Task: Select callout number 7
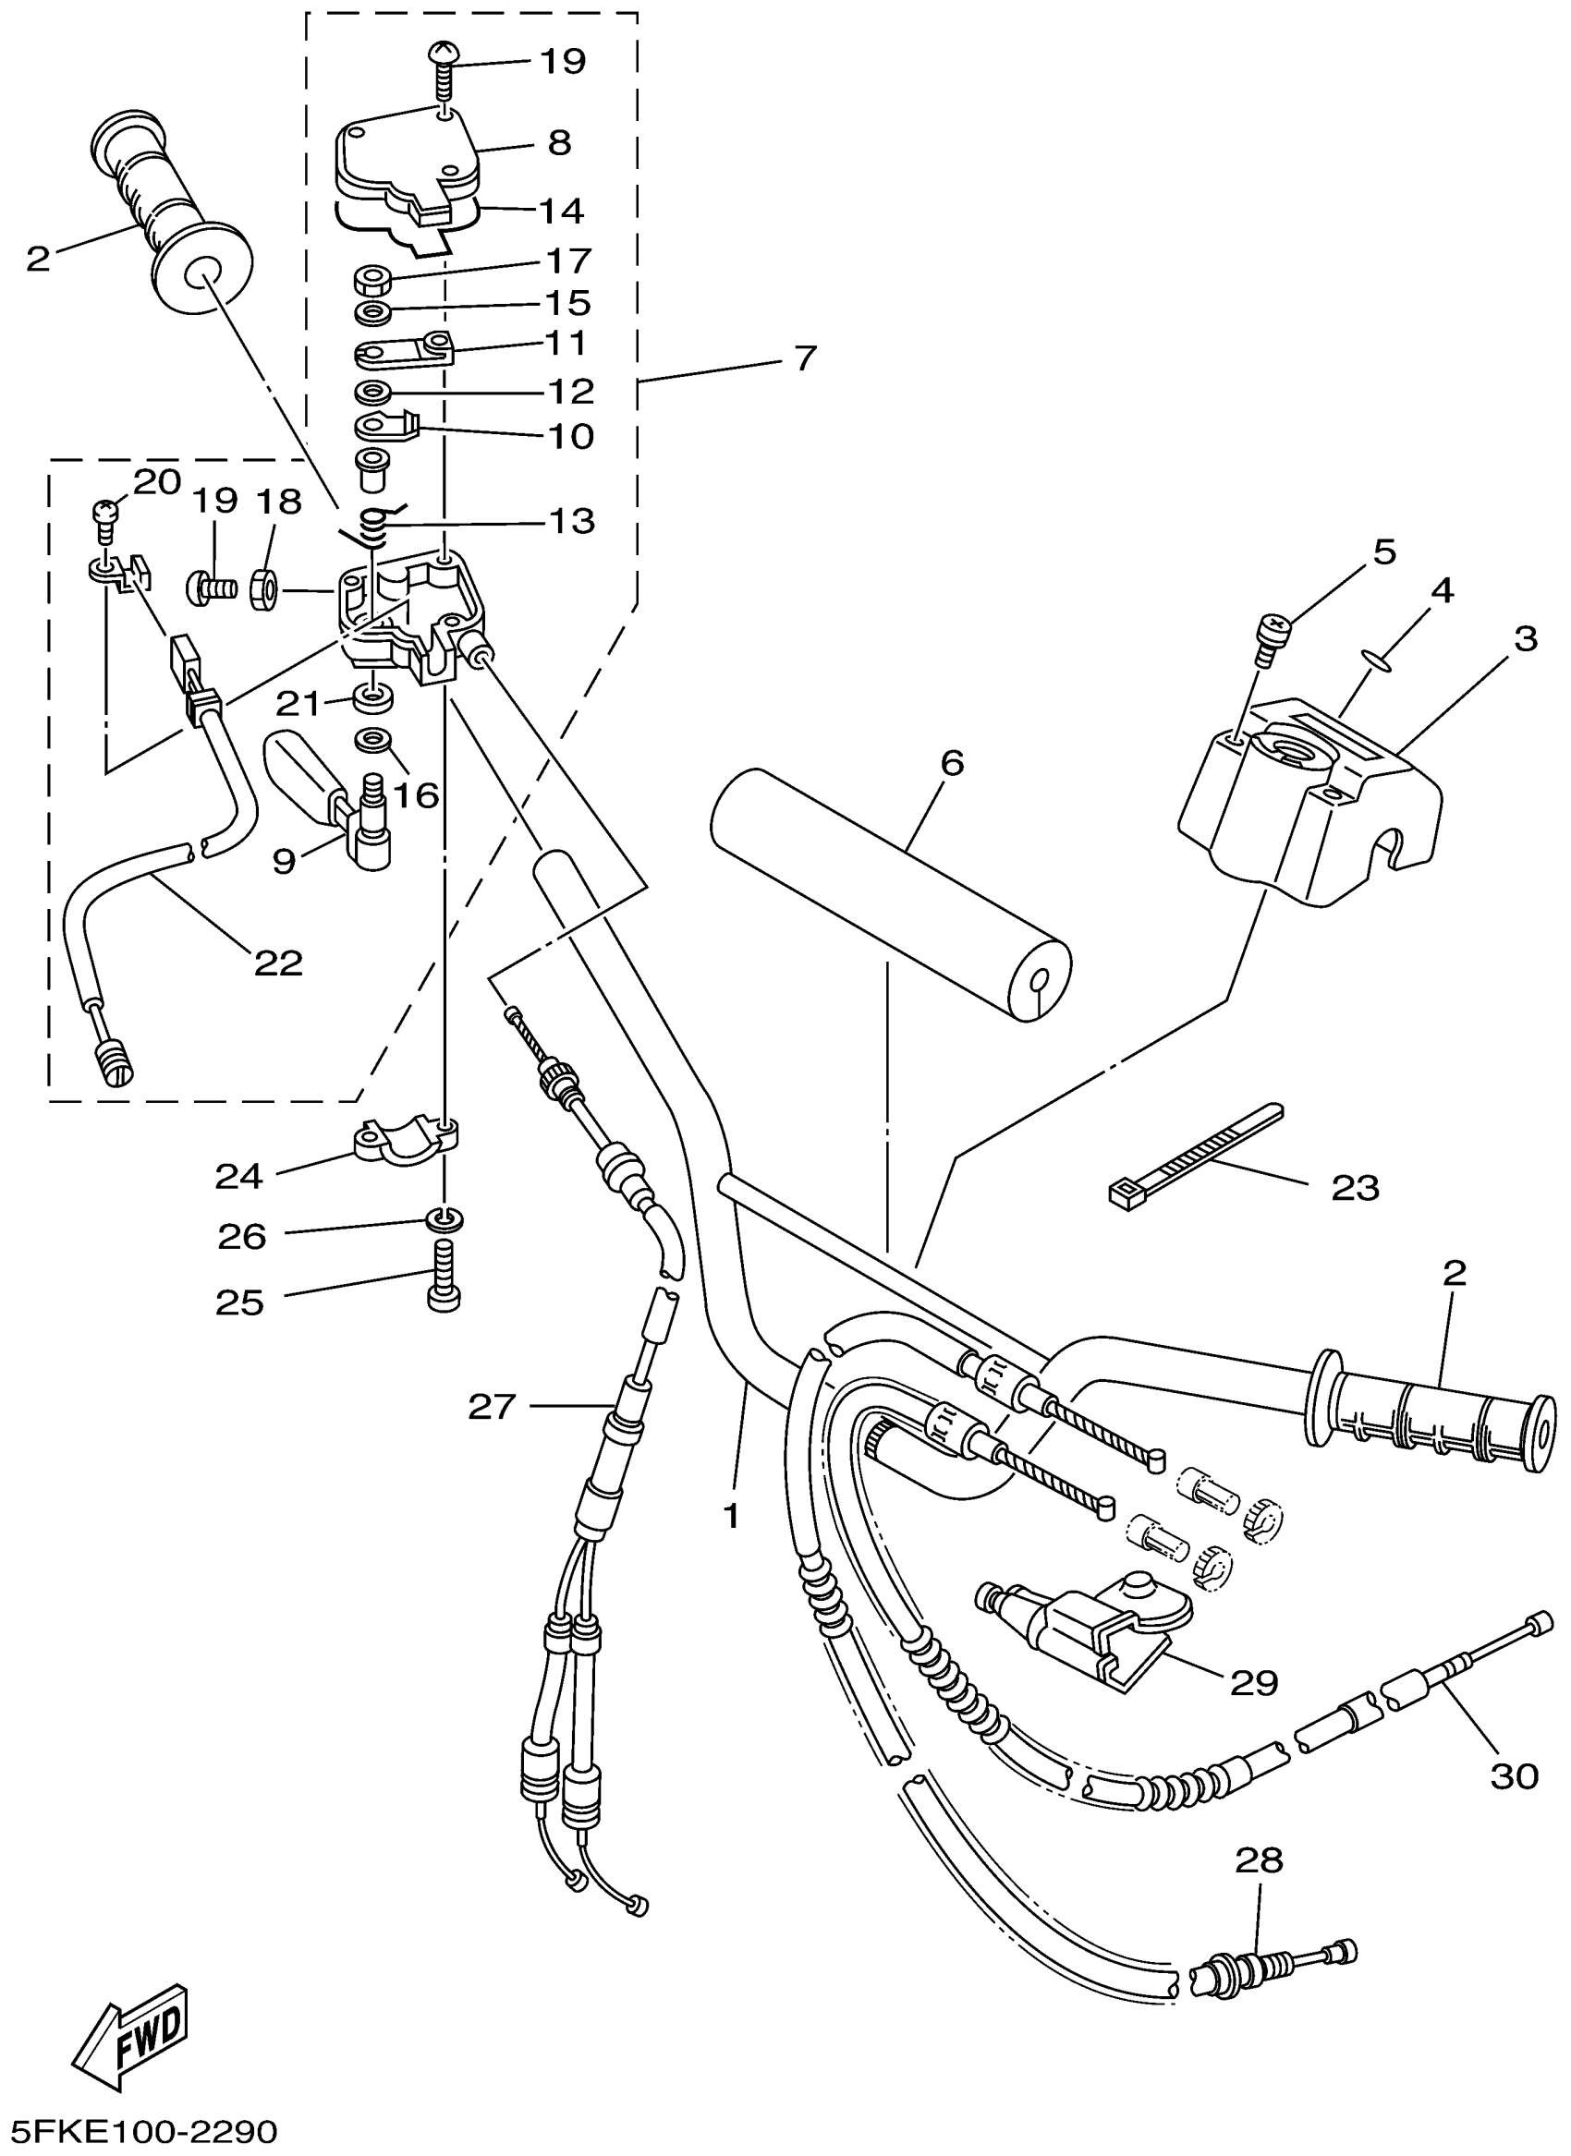(x=805, y=357)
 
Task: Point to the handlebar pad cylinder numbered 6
(x=891, y=892)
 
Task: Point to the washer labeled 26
(x=445, y=1217)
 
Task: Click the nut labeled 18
(x=265, y=589)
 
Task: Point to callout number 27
(x=492, y=1406)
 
